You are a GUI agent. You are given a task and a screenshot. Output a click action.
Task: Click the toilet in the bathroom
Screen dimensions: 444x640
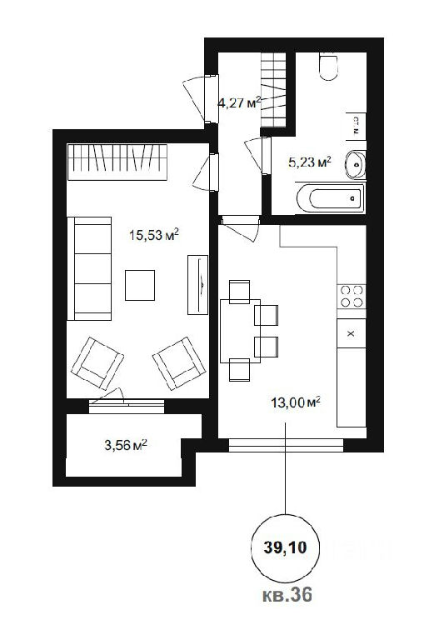(328, 67)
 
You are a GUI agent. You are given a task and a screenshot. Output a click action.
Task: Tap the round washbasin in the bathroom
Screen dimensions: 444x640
(356, 164)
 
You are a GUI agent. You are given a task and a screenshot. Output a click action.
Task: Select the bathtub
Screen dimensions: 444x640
(330, 198)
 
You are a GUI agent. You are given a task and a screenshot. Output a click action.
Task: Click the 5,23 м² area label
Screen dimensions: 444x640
(310, 162)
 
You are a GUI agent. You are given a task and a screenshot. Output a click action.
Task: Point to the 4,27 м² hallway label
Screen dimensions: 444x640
(239, 102)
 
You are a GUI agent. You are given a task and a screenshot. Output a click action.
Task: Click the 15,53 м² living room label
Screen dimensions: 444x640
(154, 235)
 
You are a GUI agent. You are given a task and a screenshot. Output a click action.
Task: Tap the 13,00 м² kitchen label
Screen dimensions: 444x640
(296, 402)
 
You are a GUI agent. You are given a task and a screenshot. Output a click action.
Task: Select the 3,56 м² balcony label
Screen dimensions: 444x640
(126, 445)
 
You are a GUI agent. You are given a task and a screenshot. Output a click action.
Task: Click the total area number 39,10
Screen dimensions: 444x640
(285, 547)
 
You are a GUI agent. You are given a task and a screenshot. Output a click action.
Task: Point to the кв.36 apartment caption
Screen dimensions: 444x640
(287, 594)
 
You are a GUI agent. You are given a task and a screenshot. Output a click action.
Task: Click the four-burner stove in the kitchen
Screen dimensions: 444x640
(352, 296)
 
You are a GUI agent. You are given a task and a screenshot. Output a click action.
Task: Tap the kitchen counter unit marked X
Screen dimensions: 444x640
(352, 333)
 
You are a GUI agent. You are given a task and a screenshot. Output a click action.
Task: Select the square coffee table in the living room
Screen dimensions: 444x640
(140, 285)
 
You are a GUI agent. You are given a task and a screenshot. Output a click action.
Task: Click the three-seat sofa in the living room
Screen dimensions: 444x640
(89, 268)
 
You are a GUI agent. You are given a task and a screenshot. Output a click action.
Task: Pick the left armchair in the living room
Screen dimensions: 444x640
(97, 363)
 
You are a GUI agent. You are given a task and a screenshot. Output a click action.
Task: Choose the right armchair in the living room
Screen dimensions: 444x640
(179, 363)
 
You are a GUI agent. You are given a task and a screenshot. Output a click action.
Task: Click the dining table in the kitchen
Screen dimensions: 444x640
(240, 331)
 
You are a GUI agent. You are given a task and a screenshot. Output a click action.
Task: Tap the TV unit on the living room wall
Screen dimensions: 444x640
(198, 284)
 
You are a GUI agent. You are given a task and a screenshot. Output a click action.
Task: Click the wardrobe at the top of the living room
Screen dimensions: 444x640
(117, 162)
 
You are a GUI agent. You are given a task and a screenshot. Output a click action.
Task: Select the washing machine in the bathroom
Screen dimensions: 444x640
(356, 126)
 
